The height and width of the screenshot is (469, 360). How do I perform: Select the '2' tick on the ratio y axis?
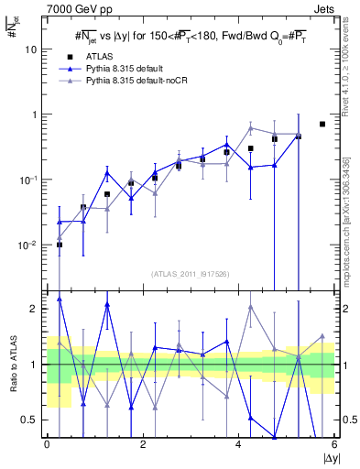click(x=38, y=309)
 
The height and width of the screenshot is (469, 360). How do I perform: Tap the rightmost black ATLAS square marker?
click(x=322, y=124)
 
